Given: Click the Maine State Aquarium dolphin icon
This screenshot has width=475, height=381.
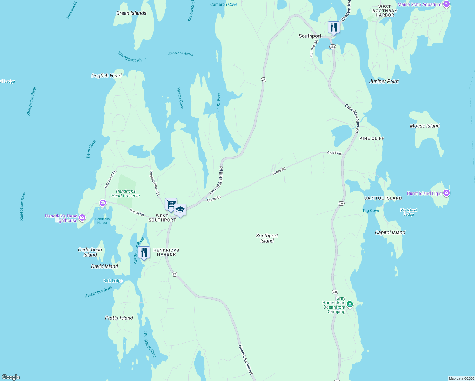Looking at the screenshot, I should coord(446,4).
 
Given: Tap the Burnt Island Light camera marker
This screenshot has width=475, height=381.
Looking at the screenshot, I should coord(446,193).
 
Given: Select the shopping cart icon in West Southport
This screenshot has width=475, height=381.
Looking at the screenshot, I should coord(171,204).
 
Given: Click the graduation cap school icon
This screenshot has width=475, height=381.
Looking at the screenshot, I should coord(180,210).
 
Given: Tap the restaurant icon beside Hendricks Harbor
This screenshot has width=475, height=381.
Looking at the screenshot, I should coord(144,252).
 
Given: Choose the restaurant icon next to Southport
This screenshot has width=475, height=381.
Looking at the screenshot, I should coord(333,27).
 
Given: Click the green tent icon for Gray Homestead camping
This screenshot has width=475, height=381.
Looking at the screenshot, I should coord(350,304).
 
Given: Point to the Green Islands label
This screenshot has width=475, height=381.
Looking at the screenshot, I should coord(131,13).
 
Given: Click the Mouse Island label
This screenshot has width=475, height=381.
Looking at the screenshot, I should coord(425,126).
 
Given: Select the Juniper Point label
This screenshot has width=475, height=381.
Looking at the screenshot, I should coord(384,81).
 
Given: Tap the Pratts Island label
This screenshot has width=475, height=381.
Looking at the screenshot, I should coord(119,318).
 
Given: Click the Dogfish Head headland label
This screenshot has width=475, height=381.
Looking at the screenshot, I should coord(106,76).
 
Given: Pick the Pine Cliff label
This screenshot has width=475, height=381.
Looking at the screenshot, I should coord(371,138).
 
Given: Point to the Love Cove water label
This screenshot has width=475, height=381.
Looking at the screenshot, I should coord(219,102).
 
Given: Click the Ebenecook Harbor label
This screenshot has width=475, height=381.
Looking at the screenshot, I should coord(180,54).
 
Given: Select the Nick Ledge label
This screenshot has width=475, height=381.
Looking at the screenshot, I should coord(113,281).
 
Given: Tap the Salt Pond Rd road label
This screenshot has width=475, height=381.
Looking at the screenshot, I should coord(110,179).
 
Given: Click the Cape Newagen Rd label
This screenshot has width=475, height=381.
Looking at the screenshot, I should coord(352,118).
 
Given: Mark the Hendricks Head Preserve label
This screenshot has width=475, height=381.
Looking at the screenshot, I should coord(125,193).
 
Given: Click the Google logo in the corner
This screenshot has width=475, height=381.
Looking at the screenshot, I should coord(11,377).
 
